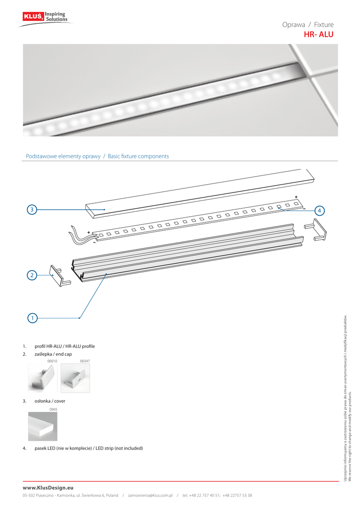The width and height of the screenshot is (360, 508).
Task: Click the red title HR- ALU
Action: point(318,35)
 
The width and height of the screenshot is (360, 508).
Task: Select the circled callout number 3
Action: point(32,210)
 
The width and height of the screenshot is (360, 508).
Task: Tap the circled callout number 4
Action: point(319,210)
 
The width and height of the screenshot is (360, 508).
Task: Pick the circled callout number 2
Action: point(32,274)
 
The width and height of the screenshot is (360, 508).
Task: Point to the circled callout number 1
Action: point(32,317)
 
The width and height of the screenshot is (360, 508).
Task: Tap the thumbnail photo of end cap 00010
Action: point(43,379)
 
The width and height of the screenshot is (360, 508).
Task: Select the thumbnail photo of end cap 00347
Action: point(74,379)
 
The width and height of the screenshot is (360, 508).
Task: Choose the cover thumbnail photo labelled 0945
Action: point(43,426)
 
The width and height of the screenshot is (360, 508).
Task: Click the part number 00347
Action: point(84,362)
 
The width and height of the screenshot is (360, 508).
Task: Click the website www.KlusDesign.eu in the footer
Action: point(48,488)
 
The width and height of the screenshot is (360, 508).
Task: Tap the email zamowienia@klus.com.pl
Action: point(150,495)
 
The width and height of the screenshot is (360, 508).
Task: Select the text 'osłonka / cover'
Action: point(50,401)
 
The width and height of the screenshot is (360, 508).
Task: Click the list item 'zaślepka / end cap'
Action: point(53,354)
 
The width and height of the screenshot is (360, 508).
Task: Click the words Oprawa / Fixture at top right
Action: point(308,25)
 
